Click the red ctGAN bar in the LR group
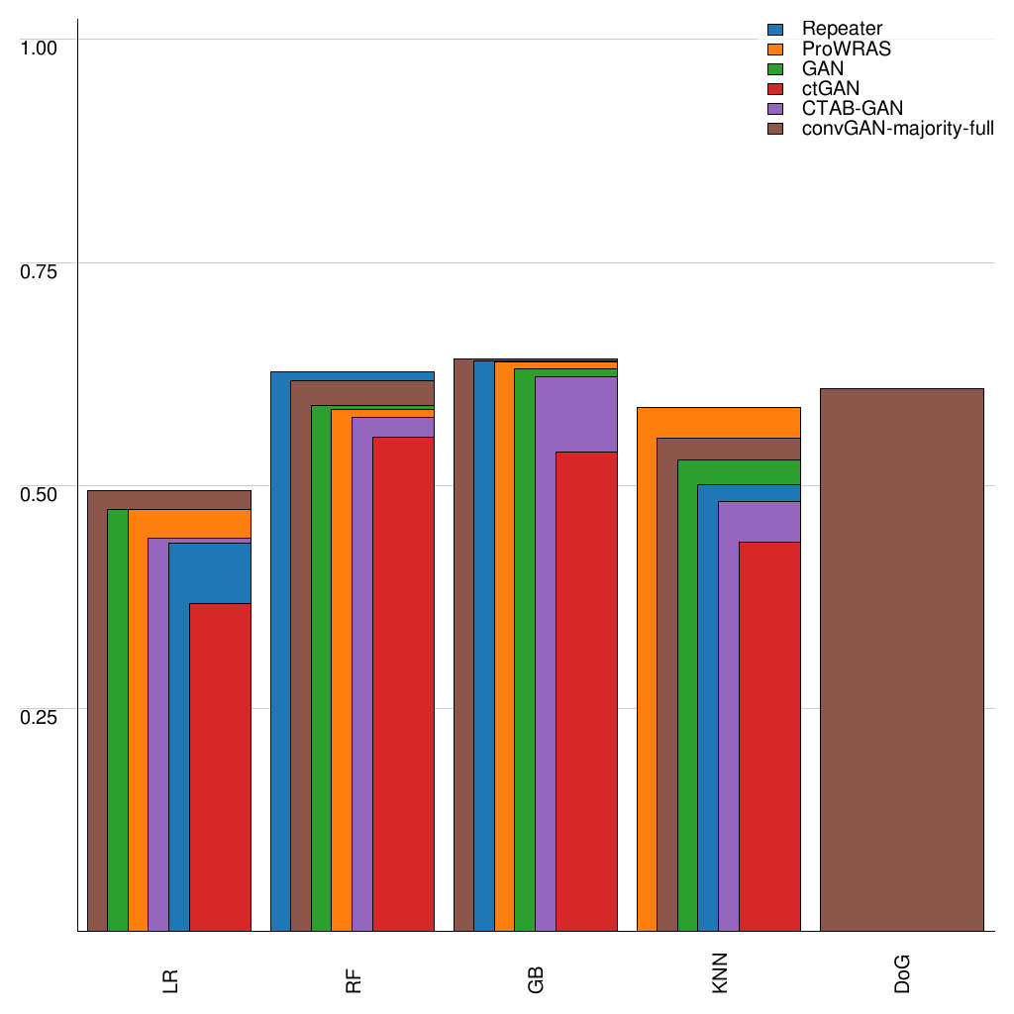220,767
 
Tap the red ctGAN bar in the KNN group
769,737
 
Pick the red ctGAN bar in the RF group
403,683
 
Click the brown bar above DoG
902,659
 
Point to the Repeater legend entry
842,29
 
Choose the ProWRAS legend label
847,49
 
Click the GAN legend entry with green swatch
823,68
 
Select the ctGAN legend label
831,88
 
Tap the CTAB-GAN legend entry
853,108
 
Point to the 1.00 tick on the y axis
41,47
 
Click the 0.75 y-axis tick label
41,270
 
